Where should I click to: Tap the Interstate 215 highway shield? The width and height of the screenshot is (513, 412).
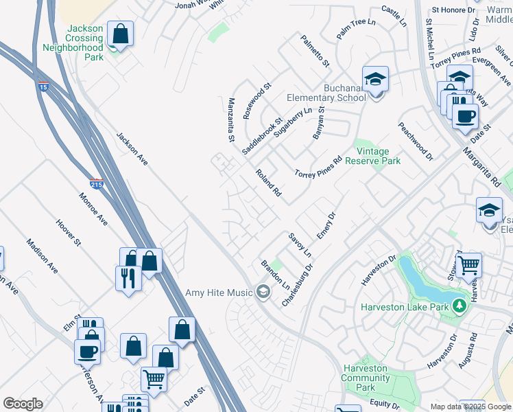point(97,185)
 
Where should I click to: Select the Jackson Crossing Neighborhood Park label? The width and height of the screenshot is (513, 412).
point(73,43)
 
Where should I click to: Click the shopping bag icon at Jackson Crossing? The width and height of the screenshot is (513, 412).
point(120,34)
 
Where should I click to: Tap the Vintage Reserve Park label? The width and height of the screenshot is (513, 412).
point(377,156)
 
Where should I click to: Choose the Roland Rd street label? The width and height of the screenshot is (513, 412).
point(268,183)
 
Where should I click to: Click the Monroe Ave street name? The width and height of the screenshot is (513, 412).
point(93,209)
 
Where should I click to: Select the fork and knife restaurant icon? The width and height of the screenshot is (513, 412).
point(128,278)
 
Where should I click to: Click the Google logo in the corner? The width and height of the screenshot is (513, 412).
point(23,404)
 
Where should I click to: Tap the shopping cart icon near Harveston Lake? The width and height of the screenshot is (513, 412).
point(468,264)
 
